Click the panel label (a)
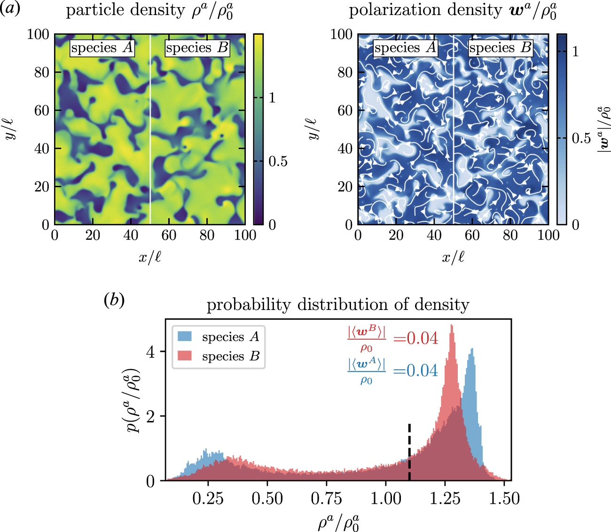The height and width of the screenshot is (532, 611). (x=10, y=9)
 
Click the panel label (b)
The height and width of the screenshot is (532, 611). (x=114, y=300)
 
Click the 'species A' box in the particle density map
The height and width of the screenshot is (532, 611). (x=102, y=48)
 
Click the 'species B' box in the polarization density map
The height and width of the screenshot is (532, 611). (x=501, y=48)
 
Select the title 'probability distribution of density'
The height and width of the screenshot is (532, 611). (x=338, y=305)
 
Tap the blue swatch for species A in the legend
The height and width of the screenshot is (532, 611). (x=185, y=337)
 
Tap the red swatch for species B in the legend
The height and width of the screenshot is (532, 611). (x=185, y=356)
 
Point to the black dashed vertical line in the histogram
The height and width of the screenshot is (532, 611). (x=409, y=452)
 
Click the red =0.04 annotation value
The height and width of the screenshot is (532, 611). (x=415, y=338)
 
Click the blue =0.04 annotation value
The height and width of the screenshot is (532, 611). (x=415, y=371)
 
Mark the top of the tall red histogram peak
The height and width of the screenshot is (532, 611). (x=452, y=326)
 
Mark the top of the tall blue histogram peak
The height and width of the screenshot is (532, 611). (x=472, y=349)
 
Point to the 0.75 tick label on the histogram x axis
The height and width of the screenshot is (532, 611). (x=327, y=499)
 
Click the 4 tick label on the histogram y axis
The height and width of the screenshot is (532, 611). (x=150, y=352)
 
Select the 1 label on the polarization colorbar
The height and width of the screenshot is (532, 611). (x=575, y=52)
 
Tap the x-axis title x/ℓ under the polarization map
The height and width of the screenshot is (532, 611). (x=453, y=257)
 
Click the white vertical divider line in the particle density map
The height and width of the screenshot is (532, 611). (x=150, y=141)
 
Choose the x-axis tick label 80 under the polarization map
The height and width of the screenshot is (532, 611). (x=510, y=235)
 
